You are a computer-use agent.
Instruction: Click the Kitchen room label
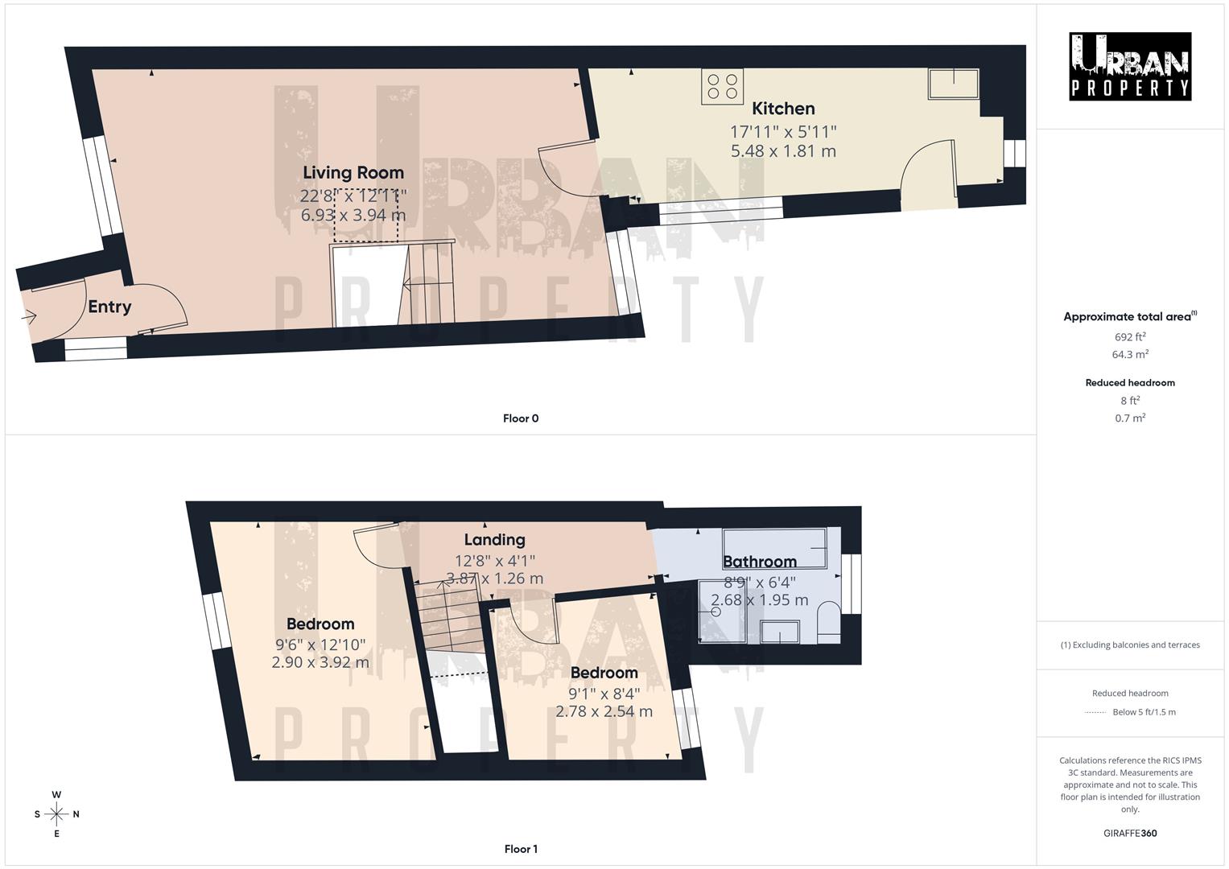click(x=783, y=109)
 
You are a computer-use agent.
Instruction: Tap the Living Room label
click(x=353, y=172)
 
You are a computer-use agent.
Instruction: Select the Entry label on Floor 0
click(x=109, y=307)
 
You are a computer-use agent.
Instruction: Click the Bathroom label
click(x=760, y=562)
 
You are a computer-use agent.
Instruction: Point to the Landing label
click(x=494, y=540)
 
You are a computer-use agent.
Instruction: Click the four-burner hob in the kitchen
click(x=722, y=87)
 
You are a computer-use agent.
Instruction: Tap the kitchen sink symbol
click(x=954, y=84)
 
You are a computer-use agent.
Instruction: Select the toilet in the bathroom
click(x=827, y=624)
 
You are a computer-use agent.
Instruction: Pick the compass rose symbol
click(x=56, y=814)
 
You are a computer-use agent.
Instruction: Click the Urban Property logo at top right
click(x=1130, y=67)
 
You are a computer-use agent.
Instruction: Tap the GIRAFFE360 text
click(x=1130, y=834)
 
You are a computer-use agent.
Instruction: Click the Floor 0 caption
click(x=521, y=418)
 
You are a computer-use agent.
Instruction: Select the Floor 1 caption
click(x=521, y=849)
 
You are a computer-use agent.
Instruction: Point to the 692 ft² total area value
click(x=1130, y=337)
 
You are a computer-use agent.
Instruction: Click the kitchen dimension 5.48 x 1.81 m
click(x=783, y=151)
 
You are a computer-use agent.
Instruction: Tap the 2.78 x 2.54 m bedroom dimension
click(x=604, y=711)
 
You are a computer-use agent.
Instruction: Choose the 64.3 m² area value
click(x=1130, y=354)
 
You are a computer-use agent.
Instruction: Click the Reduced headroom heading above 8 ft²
click(x=1130, y=383)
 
